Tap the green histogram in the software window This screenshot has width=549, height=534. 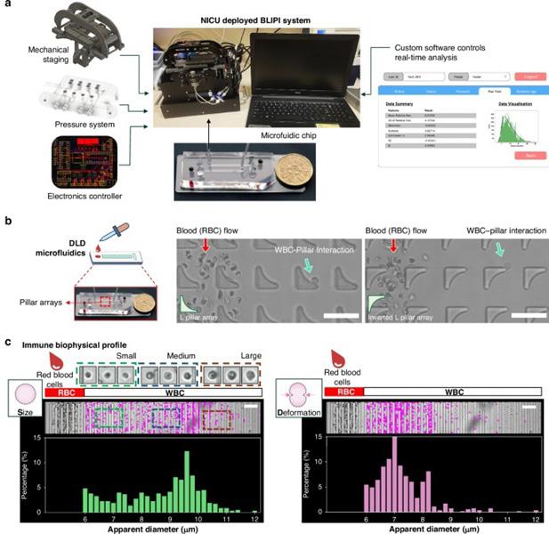495,134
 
